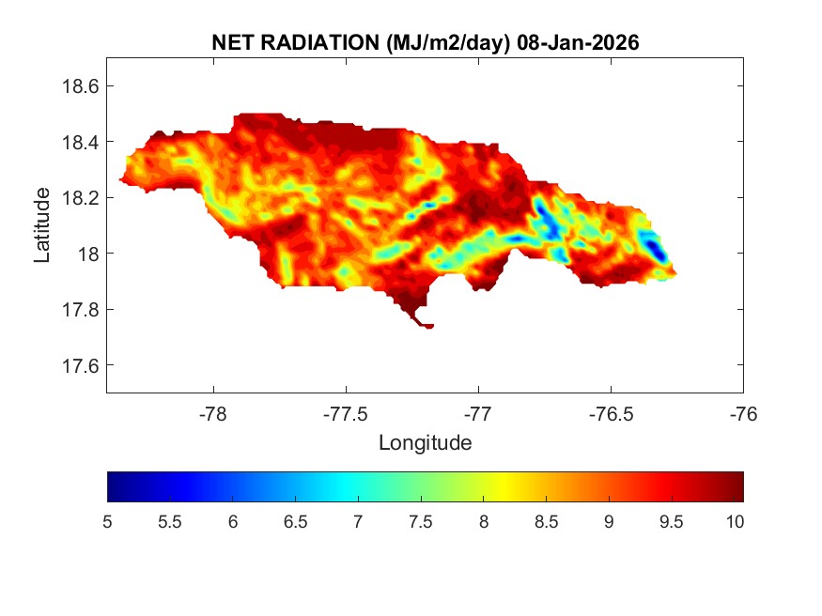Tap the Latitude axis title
click(42, 224)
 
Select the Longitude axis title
click(425, 442)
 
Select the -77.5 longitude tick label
click(346, 413)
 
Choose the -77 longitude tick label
click(478, 413)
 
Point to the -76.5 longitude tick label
click(611, 413)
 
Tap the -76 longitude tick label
click(743, 413)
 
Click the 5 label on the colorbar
click(108, 522)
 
